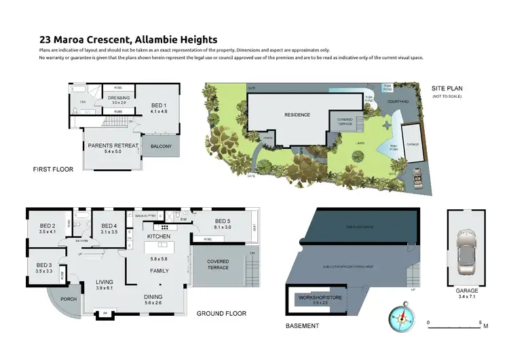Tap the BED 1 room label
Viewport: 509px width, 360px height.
[x=159, y=106]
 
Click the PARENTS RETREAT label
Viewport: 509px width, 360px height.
[x=113, y=145]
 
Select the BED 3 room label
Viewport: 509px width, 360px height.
[x=43, y=266]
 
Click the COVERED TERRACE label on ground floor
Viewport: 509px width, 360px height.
[x=218, y=264]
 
